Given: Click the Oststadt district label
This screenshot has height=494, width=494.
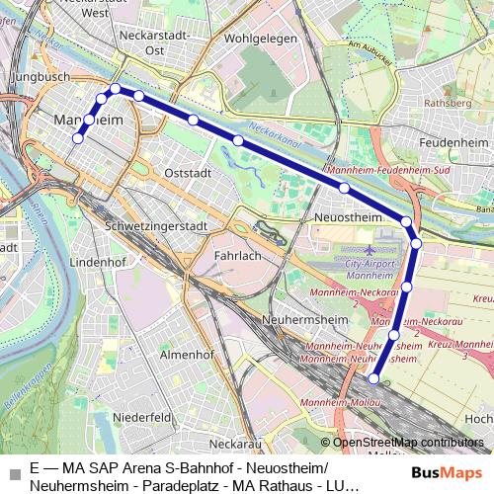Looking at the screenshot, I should [188, 172].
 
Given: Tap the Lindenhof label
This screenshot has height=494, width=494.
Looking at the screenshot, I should [94, 263].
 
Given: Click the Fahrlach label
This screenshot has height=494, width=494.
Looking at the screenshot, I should [236, 255].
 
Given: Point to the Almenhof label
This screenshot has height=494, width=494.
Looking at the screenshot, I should [186, 354].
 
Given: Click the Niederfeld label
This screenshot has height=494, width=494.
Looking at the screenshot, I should [141, 417].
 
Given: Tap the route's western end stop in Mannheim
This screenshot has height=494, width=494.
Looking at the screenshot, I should [77, 139].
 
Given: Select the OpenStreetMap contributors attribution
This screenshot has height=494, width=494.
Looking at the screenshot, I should [408, 443].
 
